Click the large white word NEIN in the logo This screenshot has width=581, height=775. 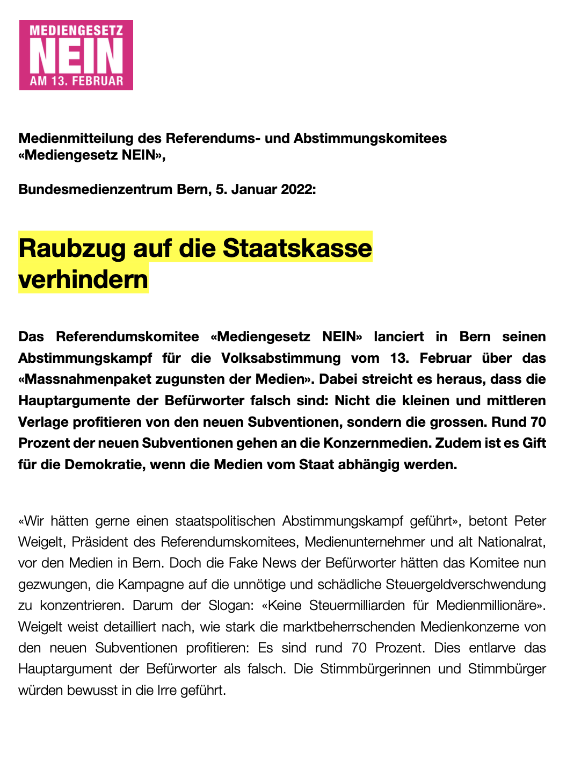(76, 56)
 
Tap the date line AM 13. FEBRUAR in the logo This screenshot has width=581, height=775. (76, 81)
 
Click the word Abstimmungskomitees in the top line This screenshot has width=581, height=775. (370, 138)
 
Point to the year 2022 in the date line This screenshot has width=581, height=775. (298, 189)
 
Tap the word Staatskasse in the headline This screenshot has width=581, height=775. (297, 248)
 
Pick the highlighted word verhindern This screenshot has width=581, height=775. (83, 279)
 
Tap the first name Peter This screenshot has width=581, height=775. (530, 521)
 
